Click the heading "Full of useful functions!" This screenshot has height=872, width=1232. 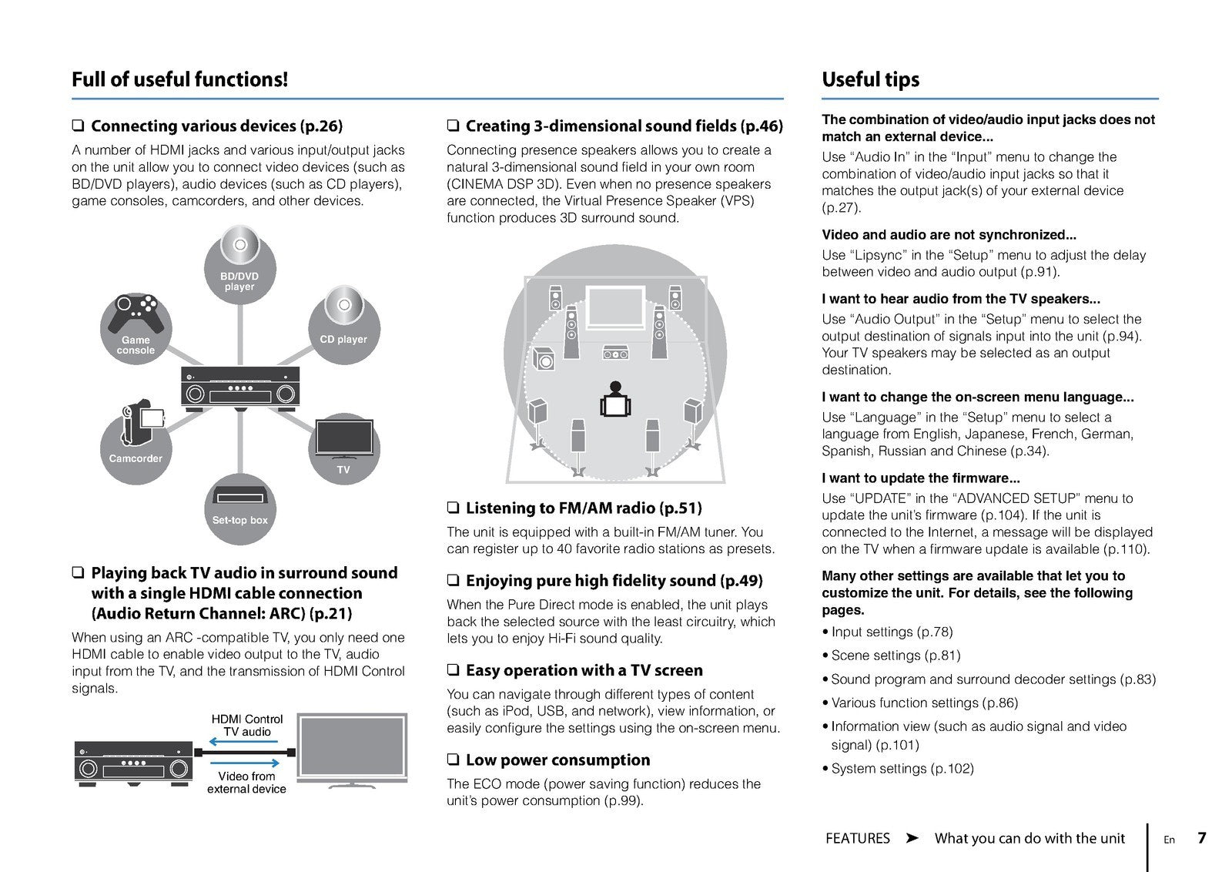179,79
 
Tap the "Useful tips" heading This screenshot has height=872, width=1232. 870,79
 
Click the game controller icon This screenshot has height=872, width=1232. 136,313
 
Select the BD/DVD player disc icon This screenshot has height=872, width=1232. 239,246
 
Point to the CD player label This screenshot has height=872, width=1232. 343,339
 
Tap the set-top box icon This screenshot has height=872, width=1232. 239,495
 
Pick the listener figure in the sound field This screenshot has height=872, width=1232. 614,399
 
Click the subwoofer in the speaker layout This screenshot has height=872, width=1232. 544,358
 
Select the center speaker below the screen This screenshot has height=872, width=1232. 615,353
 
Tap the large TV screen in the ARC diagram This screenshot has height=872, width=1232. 351,746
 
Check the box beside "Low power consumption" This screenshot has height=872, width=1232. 453,760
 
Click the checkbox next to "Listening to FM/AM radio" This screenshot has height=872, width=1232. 453,508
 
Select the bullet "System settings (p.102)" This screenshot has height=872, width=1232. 902,768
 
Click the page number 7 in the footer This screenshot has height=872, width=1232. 1201,838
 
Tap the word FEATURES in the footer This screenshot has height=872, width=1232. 857,838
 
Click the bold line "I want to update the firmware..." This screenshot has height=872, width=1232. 920,478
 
